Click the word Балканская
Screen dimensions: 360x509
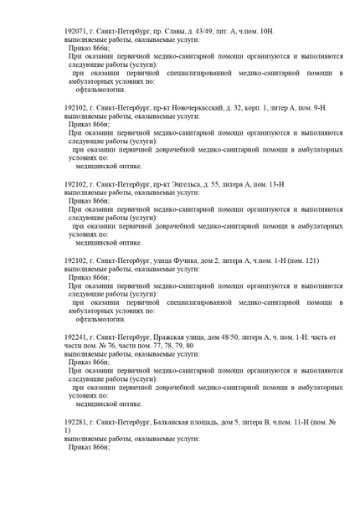[x=162, y=423]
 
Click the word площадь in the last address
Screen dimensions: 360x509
[x=208, y=423]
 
